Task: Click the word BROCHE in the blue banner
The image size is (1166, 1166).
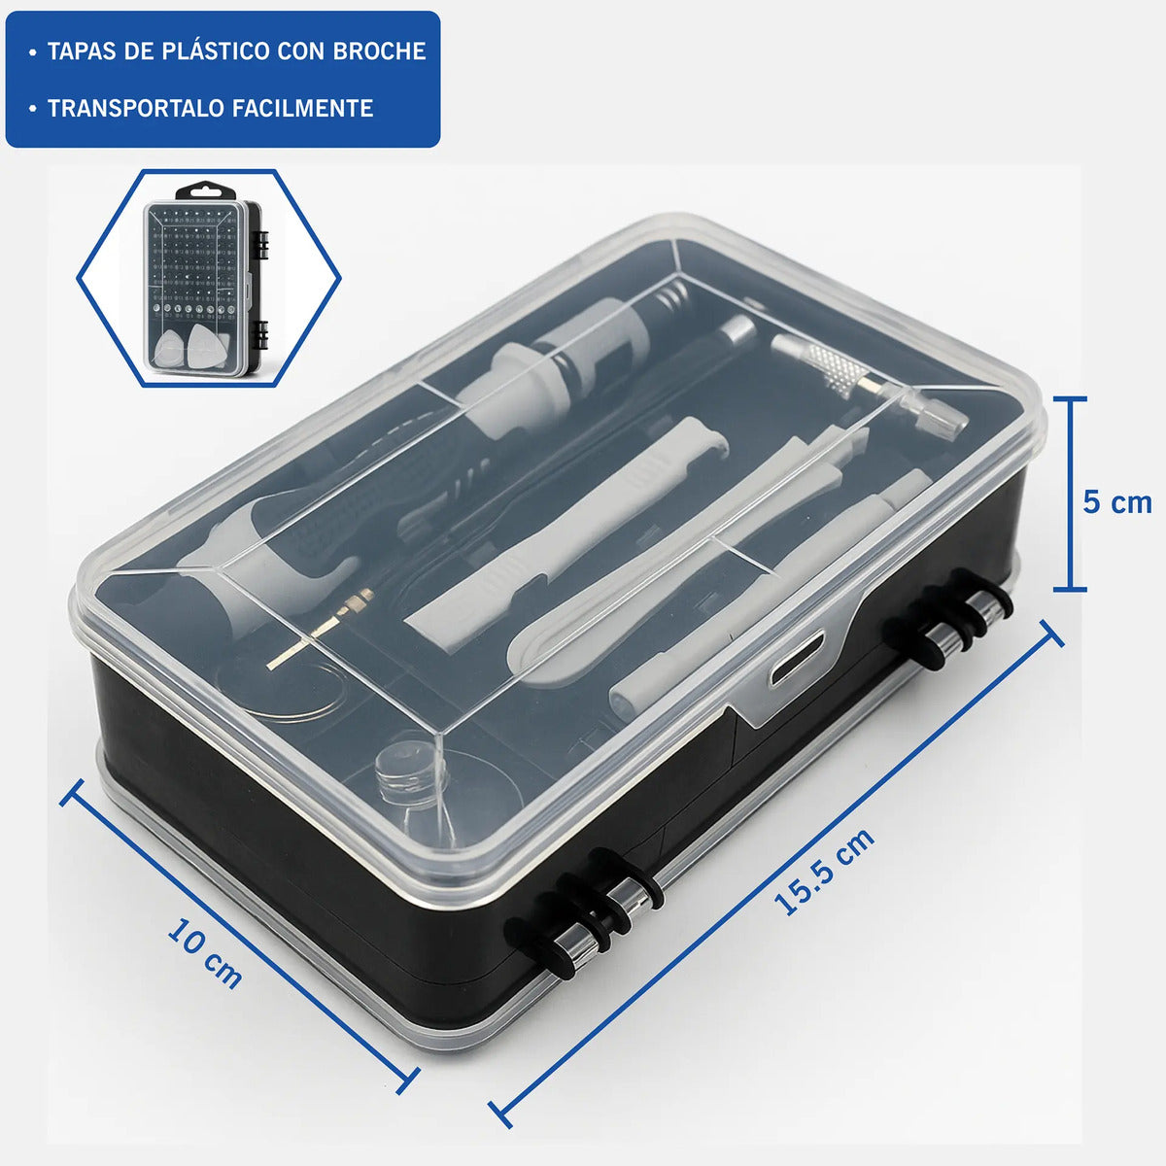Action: [x=379, y=51]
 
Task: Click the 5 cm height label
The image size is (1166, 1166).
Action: [x=1117, y=502]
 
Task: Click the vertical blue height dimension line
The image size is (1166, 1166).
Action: [x=1070, y=494]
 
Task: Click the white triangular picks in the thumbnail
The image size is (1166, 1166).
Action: [x=189, y=346]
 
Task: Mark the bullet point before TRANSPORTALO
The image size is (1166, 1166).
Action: [x=33, y=110]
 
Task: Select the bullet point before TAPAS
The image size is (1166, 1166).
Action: [x=33, y=52]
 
